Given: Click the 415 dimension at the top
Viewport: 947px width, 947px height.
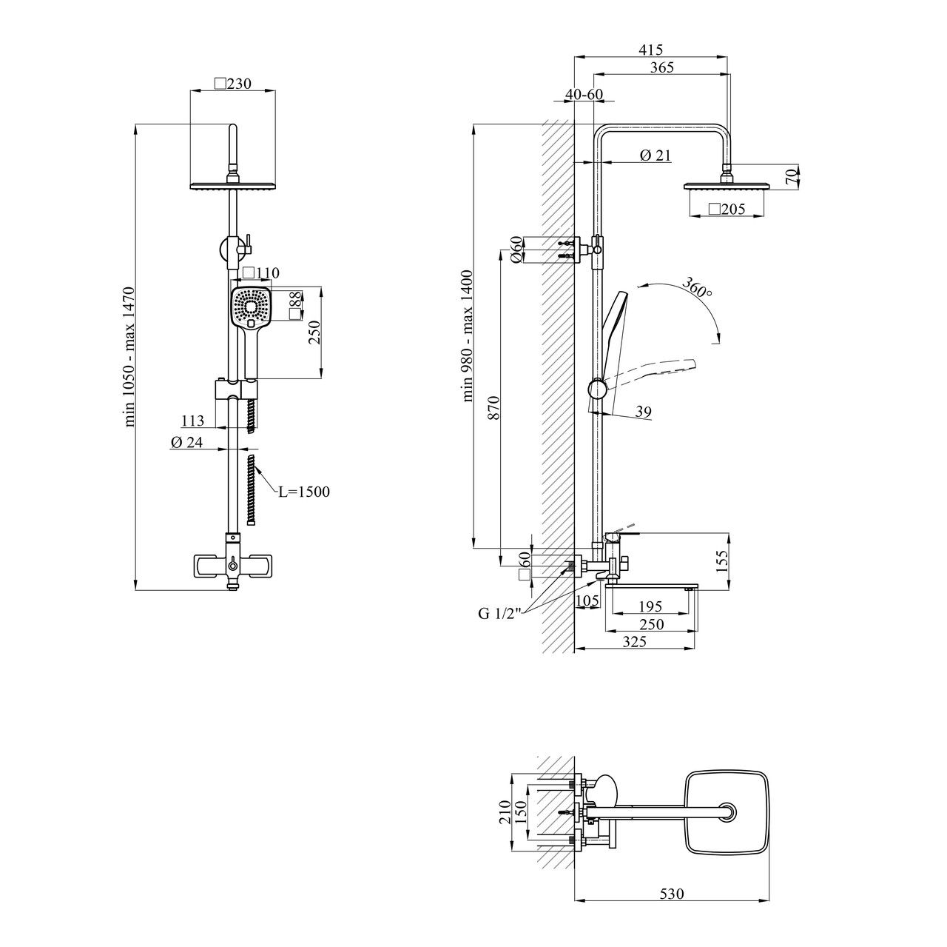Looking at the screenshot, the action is click(650, 50).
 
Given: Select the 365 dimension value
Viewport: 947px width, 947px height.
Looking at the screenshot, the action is click(661, 67).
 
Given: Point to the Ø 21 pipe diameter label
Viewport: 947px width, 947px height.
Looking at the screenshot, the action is click(655, 155).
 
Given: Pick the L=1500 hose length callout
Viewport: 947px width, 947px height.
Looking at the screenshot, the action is click(304, 492).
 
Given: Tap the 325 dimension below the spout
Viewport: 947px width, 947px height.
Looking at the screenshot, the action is click(634, 641).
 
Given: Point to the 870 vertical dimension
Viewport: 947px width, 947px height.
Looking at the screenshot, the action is click(494, 407).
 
